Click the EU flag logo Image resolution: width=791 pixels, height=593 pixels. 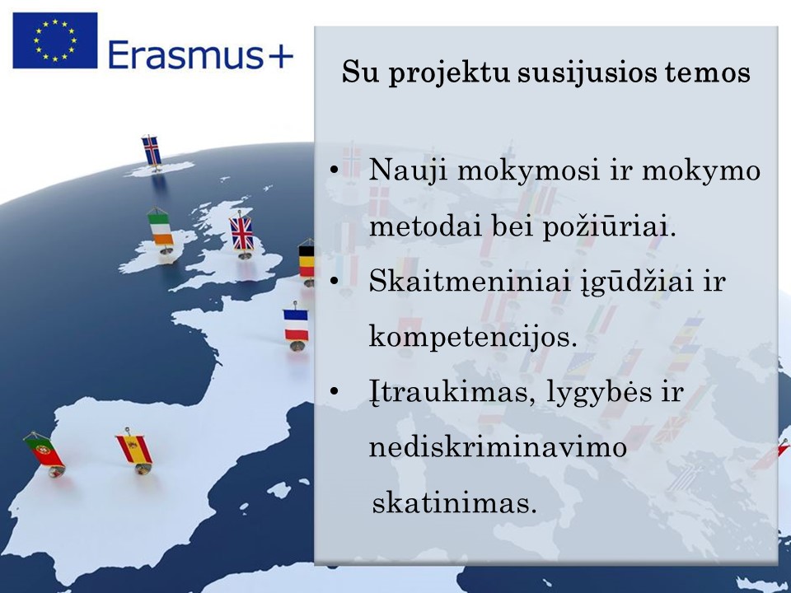point(55,40)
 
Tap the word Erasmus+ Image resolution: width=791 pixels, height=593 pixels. point(200,54)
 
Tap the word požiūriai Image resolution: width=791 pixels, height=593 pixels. point(609,227)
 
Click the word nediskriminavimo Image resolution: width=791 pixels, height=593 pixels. point(498,446)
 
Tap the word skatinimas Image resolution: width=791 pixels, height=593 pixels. point(454,502)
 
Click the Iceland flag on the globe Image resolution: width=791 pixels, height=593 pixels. point(152,151)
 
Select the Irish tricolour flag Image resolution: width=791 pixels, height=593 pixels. point(161,229)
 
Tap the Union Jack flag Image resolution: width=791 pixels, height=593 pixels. point(241,233)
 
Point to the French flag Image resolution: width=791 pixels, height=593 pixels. point(296,325)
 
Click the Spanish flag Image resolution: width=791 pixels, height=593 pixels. point(134,449)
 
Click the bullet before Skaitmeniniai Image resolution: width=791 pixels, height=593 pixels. point(334,280)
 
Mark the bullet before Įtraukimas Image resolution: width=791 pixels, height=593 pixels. point(334,390)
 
